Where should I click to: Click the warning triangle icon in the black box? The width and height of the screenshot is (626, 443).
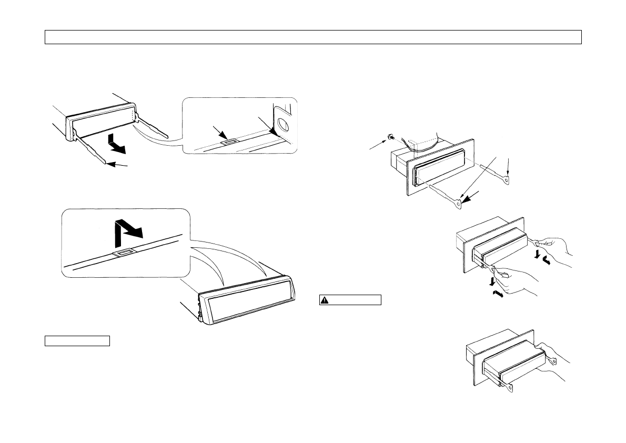pos(325,300)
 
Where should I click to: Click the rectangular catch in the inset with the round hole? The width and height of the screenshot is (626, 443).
pos(229,141)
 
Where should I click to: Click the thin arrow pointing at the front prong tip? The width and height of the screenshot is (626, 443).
pos(120,166)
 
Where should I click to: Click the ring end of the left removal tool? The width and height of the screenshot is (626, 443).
pos(459,200)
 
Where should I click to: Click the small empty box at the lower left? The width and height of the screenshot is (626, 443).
pos(77,340)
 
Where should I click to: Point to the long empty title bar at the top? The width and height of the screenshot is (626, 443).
pos(313,37)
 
